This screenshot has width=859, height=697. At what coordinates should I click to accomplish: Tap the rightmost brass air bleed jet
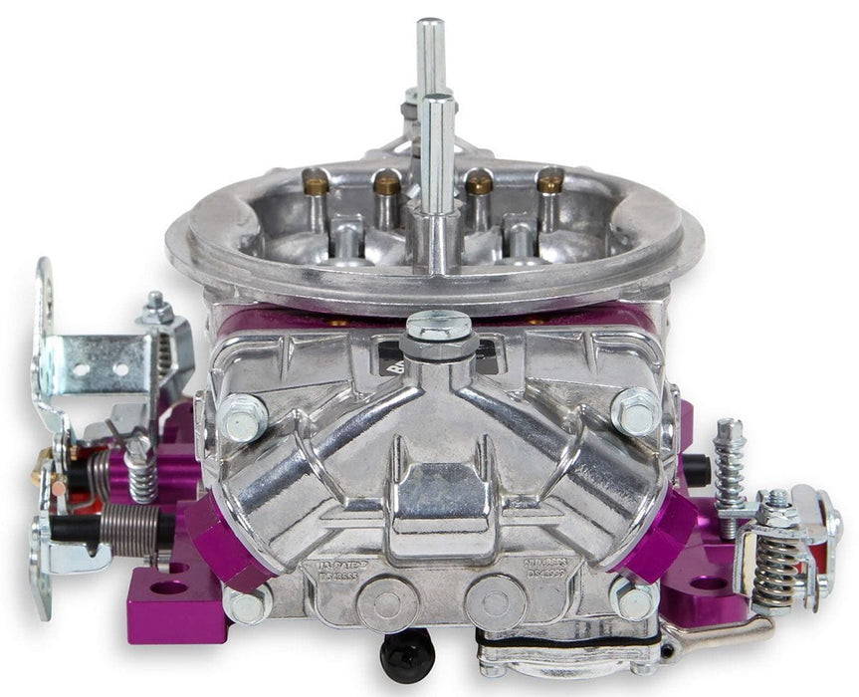pos(549,180)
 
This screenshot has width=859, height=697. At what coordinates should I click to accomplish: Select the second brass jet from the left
pos(386,183)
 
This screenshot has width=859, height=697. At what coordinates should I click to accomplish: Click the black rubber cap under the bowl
pos(406,652)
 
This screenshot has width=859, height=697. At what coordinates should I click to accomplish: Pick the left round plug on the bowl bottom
pos(384,599)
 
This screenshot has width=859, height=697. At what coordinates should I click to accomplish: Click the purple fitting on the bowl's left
pos(218,542)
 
